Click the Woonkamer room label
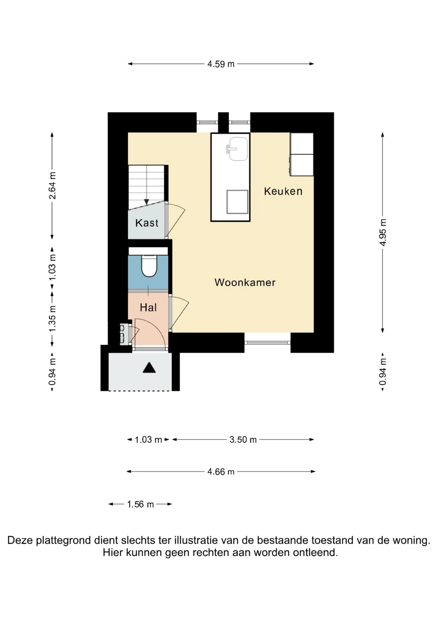click(245, 282)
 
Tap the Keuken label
click(283, 191)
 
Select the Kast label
click(147, 223)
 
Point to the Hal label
click(148, 307)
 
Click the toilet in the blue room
click(149, 266)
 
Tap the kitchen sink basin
click(238, 149)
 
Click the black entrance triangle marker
click(149, 368)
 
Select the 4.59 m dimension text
click(221, 64)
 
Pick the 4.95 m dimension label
click(383, 232)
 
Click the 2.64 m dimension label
click(52, 185)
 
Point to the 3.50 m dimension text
click(243, 440)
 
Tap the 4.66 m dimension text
click(221, 472)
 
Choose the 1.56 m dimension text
click(141, 504)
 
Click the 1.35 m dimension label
click(52, 319)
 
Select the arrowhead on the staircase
click(147, 202)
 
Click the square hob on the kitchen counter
click(237, 202)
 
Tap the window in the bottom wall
click(267, 343)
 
